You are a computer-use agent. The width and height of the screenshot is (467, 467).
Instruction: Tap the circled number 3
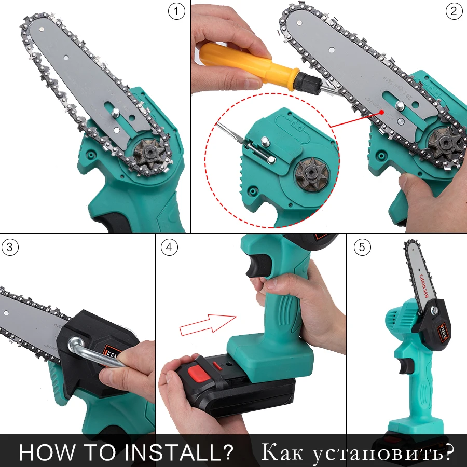[10, 248]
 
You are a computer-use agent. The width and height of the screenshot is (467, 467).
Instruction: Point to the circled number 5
[363, 248]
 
